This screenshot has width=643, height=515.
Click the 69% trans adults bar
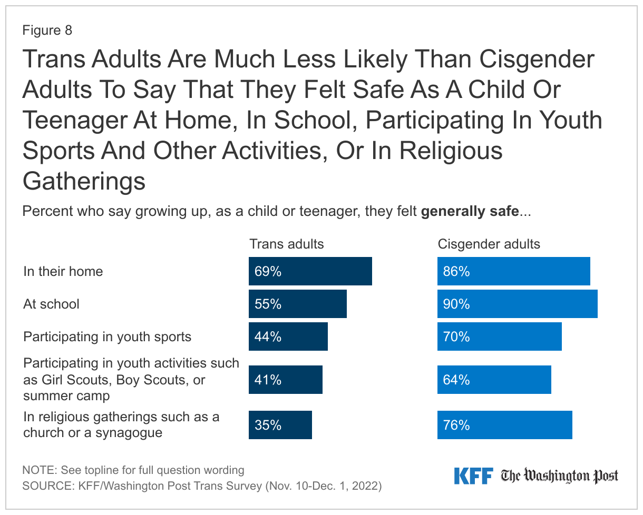point(310,272)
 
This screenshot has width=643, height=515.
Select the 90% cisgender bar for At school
point(517,304)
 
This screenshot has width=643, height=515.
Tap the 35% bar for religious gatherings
point(280,425)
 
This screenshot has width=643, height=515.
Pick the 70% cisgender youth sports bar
point(499,336)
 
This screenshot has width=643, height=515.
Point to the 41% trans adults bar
point(286,380)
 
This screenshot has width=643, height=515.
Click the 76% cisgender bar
point(504,425)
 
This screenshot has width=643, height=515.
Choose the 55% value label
point(268,304)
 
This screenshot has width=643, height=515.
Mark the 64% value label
point(456,380)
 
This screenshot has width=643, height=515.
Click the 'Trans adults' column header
point(286,244)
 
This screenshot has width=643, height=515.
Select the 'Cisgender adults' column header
point(489,244)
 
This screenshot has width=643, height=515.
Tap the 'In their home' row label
point(63,272)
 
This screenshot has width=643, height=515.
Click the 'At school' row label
point(52,304)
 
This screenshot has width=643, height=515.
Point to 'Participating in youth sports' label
point(108,336)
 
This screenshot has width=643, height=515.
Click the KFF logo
point(473,476)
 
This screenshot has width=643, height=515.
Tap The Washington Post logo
point(559,476)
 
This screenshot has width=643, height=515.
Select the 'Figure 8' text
point(47,31)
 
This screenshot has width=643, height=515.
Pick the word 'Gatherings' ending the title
point(84,181)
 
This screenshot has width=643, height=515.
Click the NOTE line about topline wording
point(133,470)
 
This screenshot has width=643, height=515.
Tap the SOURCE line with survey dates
point(202,486)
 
